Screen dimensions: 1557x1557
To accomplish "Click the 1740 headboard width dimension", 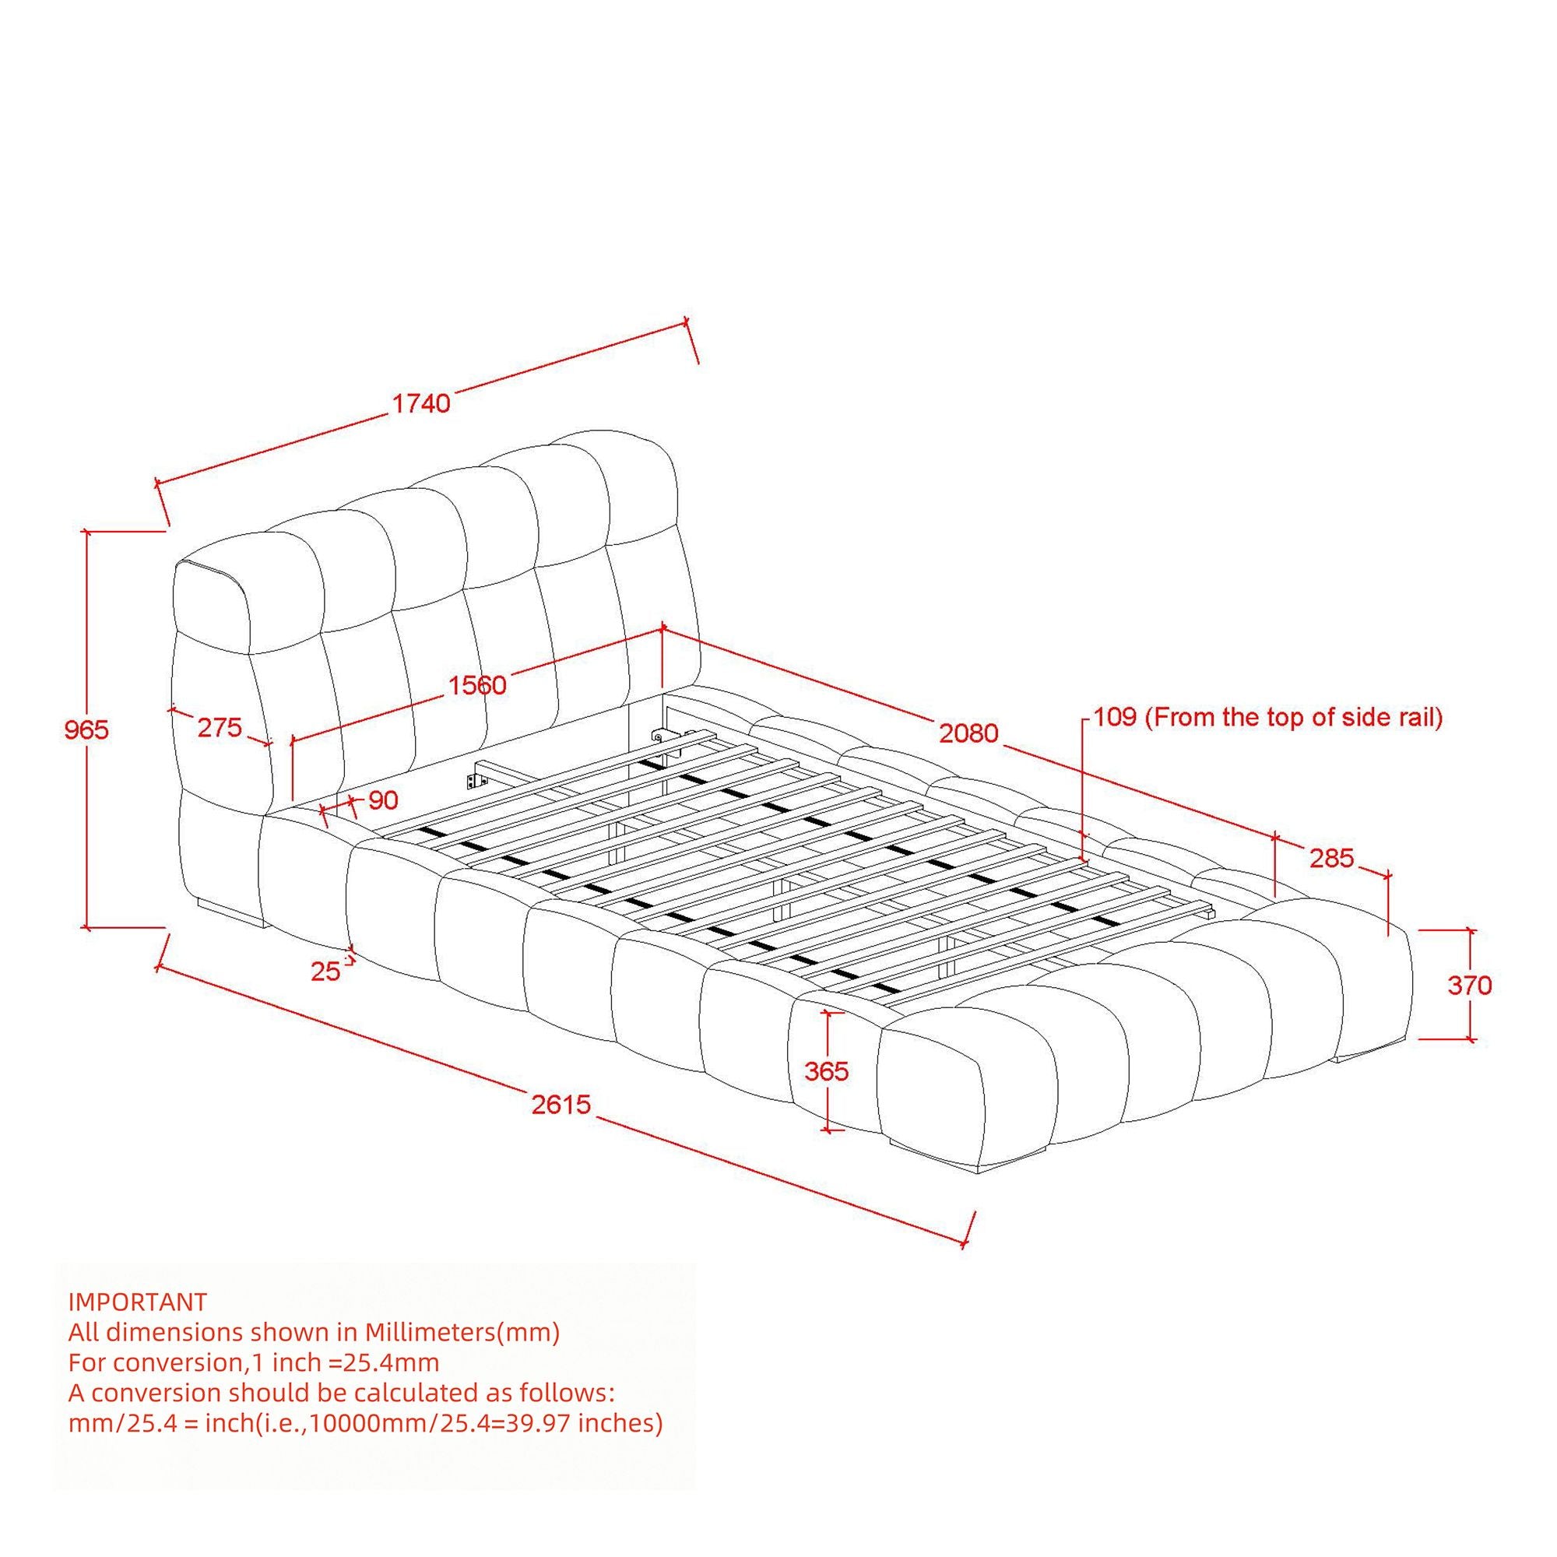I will click(420, 403).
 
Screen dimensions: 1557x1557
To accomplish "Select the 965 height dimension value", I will click(86, 729).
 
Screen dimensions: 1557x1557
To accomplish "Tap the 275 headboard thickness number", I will click(220, 728).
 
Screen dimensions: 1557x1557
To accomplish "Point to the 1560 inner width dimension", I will click(477, 685).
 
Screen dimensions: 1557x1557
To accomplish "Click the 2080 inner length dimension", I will click(968, 733).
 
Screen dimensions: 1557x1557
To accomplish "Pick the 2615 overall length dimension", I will click(562, 1103).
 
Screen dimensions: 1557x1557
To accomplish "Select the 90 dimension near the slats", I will click(384, 800).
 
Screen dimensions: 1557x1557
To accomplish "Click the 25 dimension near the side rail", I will click(325, 972).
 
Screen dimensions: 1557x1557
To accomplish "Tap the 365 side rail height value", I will click(827, 1071).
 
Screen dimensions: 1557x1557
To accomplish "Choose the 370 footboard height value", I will click(1470, 985).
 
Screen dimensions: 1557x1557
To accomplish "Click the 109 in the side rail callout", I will click(1115, 716).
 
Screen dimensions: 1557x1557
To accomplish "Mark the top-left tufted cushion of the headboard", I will click(211, 606).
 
